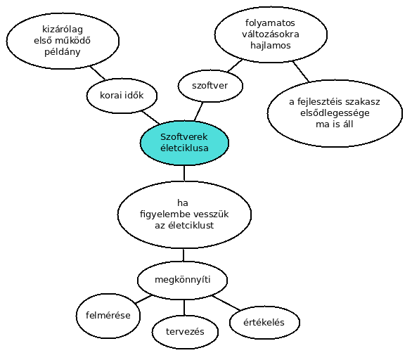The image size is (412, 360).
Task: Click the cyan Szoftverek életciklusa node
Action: [x=184, y=143]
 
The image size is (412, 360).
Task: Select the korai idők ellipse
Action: [x=122, y=96]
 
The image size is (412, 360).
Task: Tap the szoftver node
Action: [x=210, y=86]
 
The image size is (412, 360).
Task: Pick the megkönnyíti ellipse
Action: [x=182, y=280]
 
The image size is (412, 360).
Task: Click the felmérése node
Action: [x=108, y=316]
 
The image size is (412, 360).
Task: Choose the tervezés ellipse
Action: [x=185, y=332]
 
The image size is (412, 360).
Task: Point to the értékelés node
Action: [x=264, y=323]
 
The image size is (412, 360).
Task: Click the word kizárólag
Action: [x=63, y=29]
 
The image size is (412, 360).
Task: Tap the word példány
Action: [x=63, y=52]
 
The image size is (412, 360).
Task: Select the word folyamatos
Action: [x=270, y=23]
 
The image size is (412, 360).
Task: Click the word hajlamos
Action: [x=271, y=46]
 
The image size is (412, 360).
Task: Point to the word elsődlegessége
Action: [x=335, y=113]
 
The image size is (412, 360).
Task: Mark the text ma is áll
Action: [x=335, y=124]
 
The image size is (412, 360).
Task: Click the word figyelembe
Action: [x=162, y=214]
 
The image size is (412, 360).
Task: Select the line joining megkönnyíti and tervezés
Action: [x=184, y=307]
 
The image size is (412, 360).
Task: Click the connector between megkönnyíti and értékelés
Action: [x=226, y=303]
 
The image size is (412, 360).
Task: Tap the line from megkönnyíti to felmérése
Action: [x=143, y=300]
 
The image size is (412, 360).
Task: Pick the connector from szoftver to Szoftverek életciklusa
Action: [x=199, y=112]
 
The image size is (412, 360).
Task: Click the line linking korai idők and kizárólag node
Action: [x=98, y=73]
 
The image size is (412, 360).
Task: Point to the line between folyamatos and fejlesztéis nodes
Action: [x=301, y=71]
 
